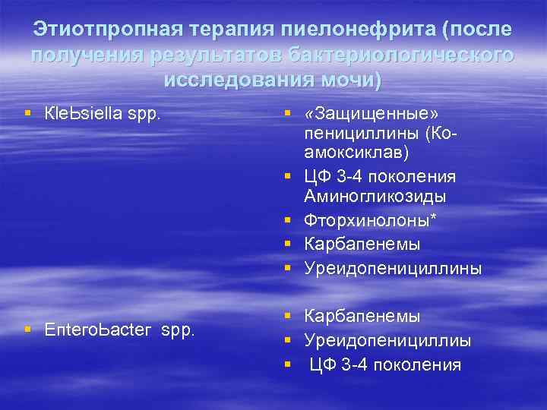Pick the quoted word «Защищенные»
[x=371, y=113]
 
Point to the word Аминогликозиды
[x=375, y=197]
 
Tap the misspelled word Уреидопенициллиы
[x=387, y=340]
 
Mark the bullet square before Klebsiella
[x=28, y=113]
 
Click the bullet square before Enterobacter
[x=28, y=330]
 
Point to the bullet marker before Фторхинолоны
[x=288, y=220]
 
